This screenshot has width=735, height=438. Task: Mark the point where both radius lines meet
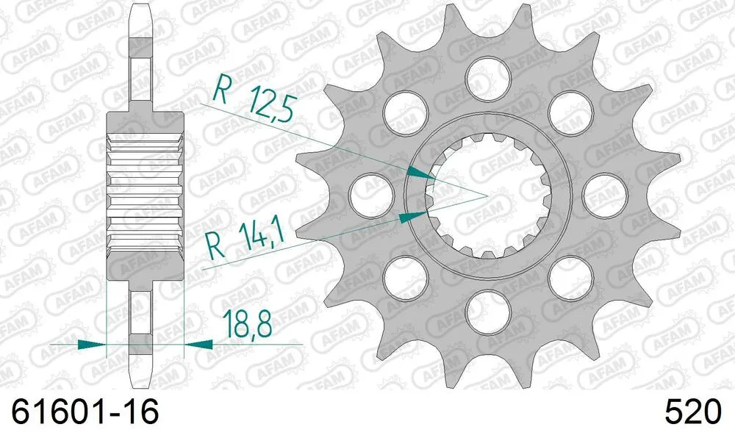[x=486, y=196]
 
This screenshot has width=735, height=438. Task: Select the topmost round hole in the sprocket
[x=488, y=76]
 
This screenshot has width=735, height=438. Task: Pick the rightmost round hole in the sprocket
[x=605, y=194]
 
